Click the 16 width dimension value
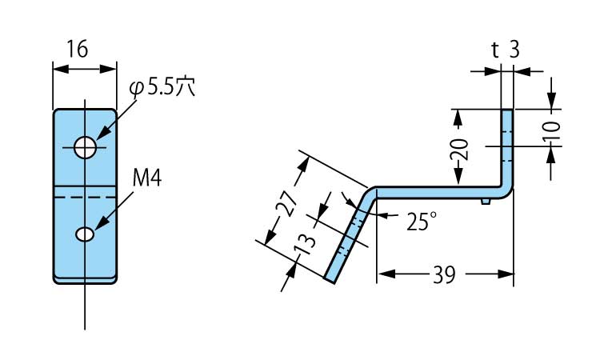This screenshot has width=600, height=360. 77,50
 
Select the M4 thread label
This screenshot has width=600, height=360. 146,178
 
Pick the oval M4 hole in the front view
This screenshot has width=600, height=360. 85,234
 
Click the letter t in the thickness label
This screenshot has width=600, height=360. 495,50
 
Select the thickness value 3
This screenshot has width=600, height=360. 514,50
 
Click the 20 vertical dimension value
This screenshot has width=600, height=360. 458,149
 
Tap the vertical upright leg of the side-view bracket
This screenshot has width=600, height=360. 506,148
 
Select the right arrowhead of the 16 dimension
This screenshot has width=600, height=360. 112,70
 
